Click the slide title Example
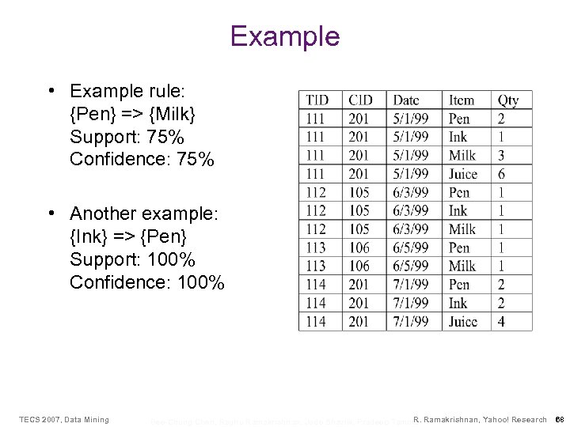(284, 36)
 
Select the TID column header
(317, 100)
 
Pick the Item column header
(462, 100)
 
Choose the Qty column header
(508, 100)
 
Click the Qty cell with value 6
(502, 174)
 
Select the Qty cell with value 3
(502, 156)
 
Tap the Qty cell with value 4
(502, 322)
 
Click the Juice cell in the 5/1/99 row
(463, 174)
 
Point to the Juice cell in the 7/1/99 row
(463, 322)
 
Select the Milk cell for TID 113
(462, 266)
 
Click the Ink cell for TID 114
(458, 303)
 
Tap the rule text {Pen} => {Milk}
(132, 113)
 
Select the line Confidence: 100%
(147, 282)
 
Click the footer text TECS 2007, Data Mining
(64, 419)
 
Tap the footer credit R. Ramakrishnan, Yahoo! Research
(480, 419)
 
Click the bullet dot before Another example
(50, 214)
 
